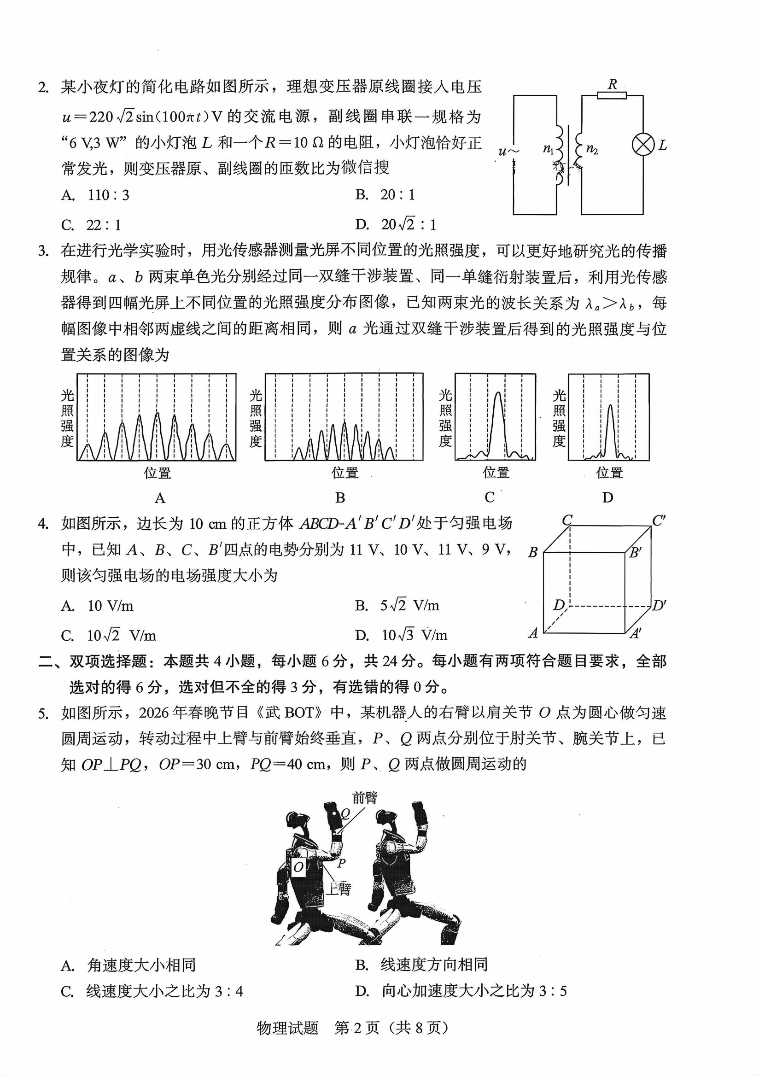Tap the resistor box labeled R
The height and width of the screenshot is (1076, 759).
(613, 96)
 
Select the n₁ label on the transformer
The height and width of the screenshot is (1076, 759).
(548, 149)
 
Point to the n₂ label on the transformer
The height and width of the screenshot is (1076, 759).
(592, 150)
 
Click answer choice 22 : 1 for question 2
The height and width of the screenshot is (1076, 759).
(104, 225)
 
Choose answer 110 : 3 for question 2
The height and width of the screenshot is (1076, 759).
(108, 195)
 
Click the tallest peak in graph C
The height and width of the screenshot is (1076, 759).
(497, 395)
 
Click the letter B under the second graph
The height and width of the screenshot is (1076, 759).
(340, 498)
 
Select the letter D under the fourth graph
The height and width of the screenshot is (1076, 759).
(607, 498)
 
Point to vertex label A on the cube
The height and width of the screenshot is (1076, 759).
(533, 634)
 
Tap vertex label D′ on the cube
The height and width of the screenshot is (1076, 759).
(658, 606)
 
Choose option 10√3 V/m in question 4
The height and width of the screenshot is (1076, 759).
(414, 636)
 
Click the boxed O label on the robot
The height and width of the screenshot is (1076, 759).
(298, 867)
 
